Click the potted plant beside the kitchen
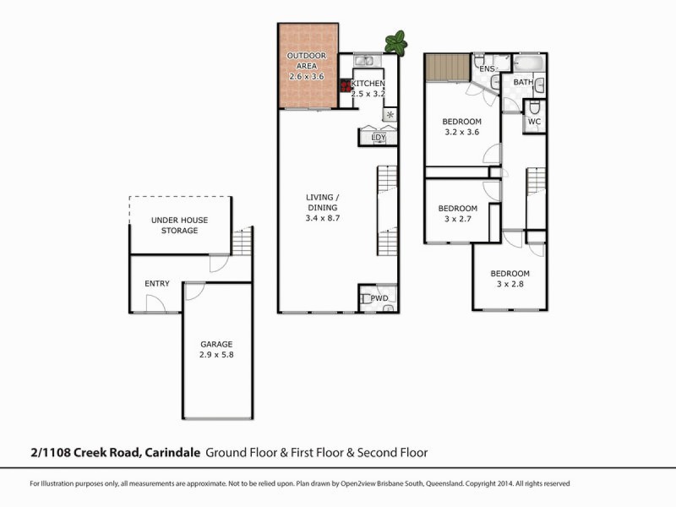pyautogui.click(x=395, y=42)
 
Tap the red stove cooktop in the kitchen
pyautogui.click(x=345, y=85)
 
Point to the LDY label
pyautogui.click(x=378, y=137)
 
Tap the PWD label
pyautogui.click(x=379, y=297)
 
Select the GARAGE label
pyautogui.click(x=216, y=344)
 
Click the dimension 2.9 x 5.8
pyautogui.click(x=216, y=356)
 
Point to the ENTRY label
pyautogui.click(x=157, y=284)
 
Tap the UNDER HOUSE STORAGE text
pyautogui.click(x=179, y=226)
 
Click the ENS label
pyautogui.click(x=487, y=68)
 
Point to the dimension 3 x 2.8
pyautogui.click(x=510, y=285)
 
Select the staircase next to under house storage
pyautogui.click(x=242, y=242)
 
